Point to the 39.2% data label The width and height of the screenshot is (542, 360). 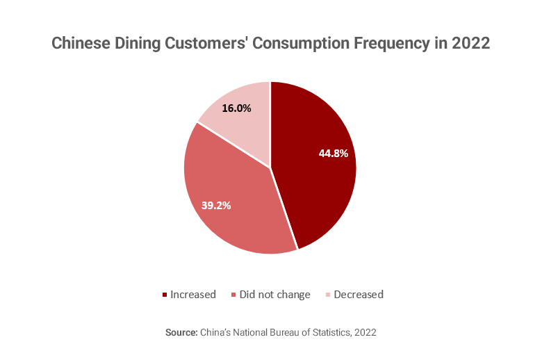click(216, 205)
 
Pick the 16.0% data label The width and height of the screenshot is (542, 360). click(236, 108)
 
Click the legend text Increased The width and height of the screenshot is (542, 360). click(192, 295)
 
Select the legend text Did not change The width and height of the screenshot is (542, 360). click(274, 295)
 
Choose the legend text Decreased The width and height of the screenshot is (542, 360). click(359, 295)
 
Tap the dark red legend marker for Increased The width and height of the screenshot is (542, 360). click(165, 295)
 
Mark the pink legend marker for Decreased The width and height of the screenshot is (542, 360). click(328, 295)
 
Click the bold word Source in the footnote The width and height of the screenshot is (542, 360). click(181, 333)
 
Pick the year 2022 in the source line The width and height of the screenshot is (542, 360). click(365, 333)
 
